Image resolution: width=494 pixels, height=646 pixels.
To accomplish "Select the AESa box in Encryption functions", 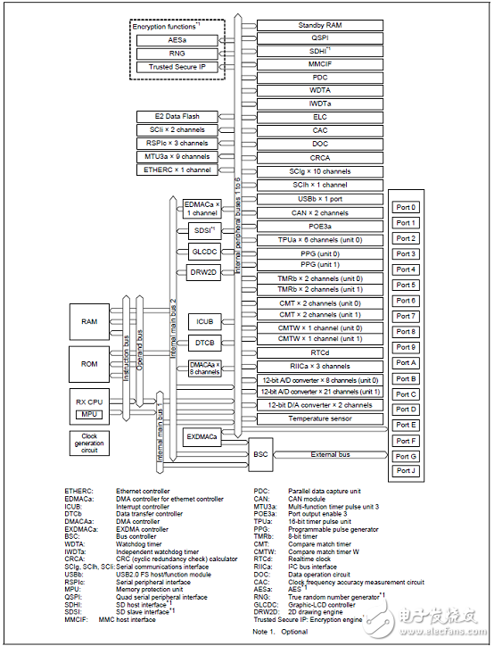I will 177,40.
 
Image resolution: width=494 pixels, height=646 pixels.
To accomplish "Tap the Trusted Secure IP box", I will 177,66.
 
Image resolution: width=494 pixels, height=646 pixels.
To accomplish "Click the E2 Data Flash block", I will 177,117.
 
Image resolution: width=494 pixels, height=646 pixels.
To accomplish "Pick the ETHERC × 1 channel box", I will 177,170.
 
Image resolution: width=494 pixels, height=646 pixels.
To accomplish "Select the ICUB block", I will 203,321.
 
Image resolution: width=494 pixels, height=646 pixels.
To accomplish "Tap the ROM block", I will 89,363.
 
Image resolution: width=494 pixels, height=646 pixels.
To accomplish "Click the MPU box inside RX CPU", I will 88,415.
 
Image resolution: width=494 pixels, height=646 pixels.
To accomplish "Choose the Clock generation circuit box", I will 89,442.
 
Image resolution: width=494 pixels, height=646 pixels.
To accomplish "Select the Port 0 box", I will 406,207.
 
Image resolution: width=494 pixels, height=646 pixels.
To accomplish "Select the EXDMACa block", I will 203,437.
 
